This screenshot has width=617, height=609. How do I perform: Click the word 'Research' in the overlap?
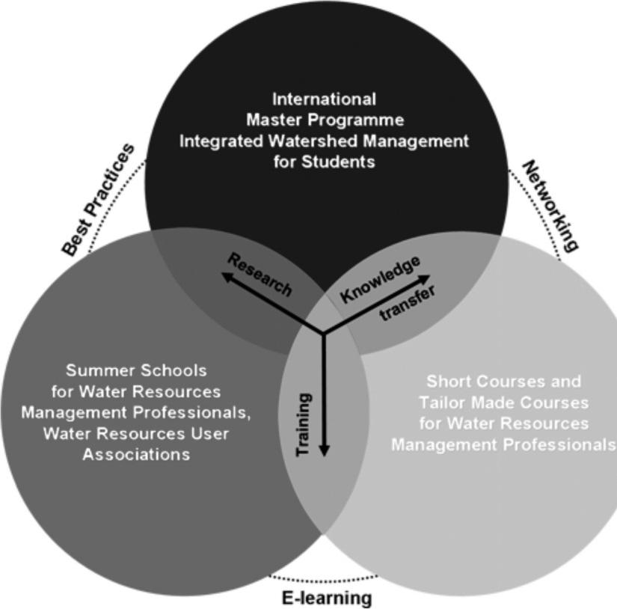[x=260, y=275]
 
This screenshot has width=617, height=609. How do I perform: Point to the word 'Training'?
[x=305, y=425]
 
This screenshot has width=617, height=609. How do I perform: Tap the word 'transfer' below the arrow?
[x=407, y=304]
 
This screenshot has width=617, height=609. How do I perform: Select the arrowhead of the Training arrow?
[x=324, y=451]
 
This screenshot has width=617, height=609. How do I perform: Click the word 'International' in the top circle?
[x=324, y=99]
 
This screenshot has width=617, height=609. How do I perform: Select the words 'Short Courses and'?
[x=503, y=382]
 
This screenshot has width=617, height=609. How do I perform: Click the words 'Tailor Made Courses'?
[x=503, y=403]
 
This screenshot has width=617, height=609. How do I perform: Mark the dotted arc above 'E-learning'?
[x=324, y=580]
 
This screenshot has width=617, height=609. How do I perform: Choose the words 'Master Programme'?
[x=324, y=120]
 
